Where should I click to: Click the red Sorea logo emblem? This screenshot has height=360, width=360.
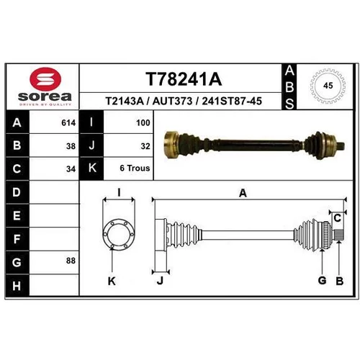click(x=45, y=79)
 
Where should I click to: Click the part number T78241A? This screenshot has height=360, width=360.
click(x=184, y=79)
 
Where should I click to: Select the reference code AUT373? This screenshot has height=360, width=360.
click(x=172, y=101)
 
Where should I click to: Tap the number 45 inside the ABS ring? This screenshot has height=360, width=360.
click(x=328, y=86)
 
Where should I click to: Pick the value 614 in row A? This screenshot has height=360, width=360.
click(x=68, y=123)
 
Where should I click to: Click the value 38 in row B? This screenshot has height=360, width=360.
click(x=71, y=146)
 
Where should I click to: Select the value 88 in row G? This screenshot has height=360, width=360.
click(x=71, y=261)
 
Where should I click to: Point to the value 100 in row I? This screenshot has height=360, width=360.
click(x=143, y=123)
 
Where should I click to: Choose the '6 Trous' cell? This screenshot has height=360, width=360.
click(x=135, y=168)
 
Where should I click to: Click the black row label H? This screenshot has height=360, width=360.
click(x=17, y=286)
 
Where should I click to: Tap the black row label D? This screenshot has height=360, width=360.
click(x=17, y=192)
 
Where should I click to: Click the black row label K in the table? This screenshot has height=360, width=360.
click(x=91, y=168)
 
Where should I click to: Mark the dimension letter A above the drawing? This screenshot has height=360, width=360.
click(x=243, y=193)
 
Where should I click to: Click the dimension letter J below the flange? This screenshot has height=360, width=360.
click(x=160, y=280)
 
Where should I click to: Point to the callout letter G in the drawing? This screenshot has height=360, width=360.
click(x=322, y=280)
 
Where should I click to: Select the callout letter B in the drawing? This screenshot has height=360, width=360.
click(x=340, y=281)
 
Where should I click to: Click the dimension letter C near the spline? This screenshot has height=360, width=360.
click(x=338, y=218)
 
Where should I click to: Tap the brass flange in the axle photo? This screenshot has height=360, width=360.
click(x=171, y=145)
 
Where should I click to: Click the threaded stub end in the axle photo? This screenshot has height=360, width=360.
click(x=341, y=145)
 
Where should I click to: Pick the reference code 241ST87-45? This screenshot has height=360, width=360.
click(x=232, y=101)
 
